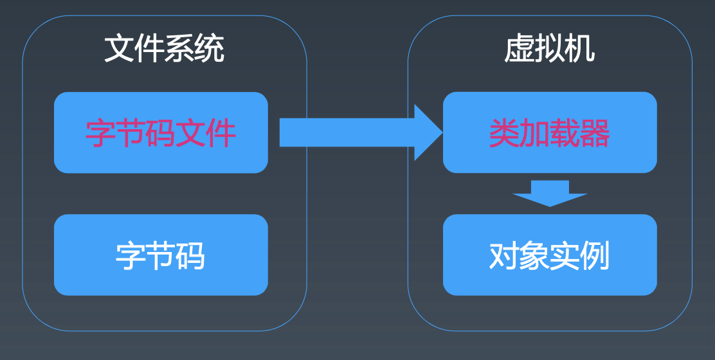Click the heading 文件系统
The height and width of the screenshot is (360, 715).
[164, 49]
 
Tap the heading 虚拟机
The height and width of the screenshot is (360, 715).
[550, 49]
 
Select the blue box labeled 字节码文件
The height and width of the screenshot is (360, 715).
[161, 132]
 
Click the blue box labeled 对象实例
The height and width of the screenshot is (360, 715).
[550, 255]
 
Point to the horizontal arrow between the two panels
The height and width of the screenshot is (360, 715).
[361, 132]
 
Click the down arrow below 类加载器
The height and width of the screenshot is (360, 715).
[550, 194]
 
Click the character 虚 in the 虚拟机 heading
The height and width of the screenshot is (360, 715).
[519, 49]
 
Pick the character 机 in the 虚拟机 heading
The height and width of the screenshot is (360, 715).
[580, 49]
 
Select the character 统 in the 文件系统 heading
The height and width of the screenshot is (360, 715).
[210, 49]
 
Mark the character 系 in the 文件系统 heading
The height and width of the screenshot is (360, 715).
[179, 49]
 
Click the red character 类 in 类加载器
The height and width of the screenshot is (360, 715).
[504, 133]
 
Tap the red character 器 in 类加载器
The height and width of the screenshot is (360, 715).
[595, 133]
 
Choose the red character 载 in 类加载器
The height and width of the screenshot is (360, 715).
[565, 133]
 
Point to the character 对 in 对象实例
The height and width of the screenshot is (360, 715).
[504, 256]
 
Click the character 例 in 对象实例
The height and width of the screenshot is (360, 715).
[595, 256]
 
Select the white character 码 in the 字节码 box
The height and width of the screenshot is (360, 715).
[190, 256]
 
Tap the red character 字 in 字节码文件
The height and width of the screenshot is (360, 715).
[100, 133]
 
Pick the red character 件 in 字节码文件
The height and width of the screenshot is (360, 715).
[221, 133]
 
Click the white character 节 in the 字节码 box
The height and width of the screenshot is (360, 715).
[161, 256]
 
